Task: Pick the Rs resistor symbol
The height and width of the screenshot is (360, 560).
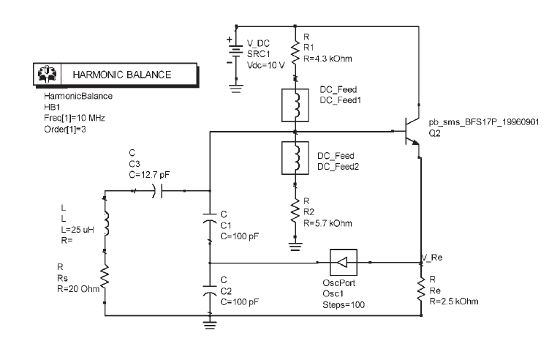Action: pos(105,277)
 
